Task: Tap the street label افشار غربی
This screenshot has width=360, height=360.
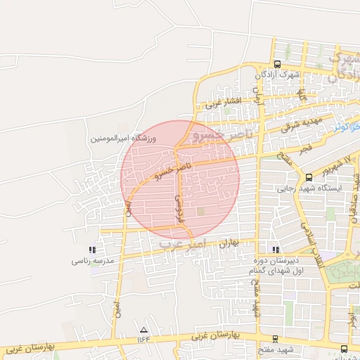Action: (x=224, y=103)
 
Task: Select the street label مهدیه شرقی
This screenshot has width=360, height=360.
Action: (x=296, y=125)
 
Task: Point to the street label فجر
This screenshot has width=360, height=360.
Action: (x=304, y=150)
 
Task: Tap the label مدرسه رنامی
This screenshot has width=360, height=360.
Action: (x=92, y=261)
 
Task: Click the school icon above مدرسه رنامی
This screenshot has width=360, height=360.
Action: (x=92, y=249)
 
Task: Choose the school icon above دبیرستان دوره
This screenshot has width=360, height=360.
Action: (x=276, y=249)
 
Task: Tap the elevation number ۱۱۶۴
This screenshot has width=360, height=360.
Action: (x=144, y=340)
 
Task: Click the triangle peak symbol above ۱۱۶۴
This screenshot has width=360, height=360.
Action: (x=144, y=329)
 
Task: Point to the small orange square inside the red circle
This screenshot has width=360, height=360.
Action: (x=201, y=211)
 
